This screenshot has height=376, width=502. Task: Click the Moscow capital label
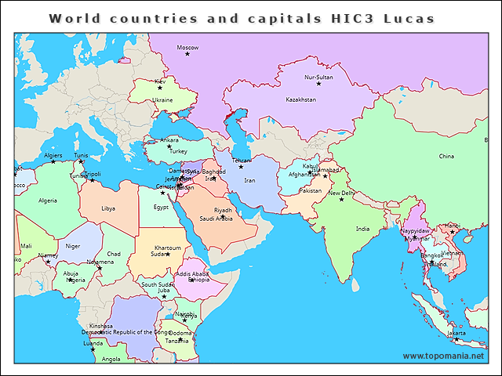(x=187, y=48)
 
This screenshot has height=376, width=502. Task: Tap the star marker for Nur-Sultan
(x=318, y=84)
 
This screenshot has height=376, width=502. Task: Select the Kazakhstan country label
(x=301, y=100)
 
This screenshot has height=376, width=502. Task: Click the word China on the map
(x=446, y=157)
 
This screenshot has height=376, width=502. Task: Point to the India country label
(x=362, y=230)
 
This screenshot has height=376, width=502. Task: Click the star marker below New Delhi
(x=341, y=200)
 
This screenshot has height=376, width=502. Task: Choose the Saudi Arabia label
(x=216, y=219)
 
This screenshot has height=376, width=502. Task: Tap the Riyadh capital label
(x=224, y=210)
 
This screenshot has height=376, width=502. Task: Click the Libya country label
(x=108, y=208)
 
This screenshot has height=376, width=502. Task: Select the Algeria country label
(x=48, y=201)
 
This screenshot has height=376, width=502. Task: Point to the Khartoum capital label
(x=168, y=248)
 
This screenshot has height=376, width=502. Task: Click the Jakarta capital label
(x=456, y=333)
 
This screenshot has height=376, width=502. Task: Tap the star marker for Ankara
(x=169, y=146)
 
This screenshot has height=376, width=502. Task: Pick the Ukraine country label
(x=162, y=100)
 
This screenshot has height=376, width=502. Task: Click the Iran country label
(x=250, y=181)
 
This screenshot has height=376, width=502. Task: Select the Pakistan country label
(x=311, y=191)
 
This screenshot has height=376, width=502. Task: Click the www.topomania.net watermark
(x=443, y=356)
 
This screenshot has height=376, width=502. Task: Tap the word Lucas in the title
(x=408, y=17)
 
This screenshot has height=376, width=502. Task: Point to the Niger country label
(x=73, y=246)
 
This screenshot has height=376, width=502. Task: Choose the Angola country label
(x=111, y=360)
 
